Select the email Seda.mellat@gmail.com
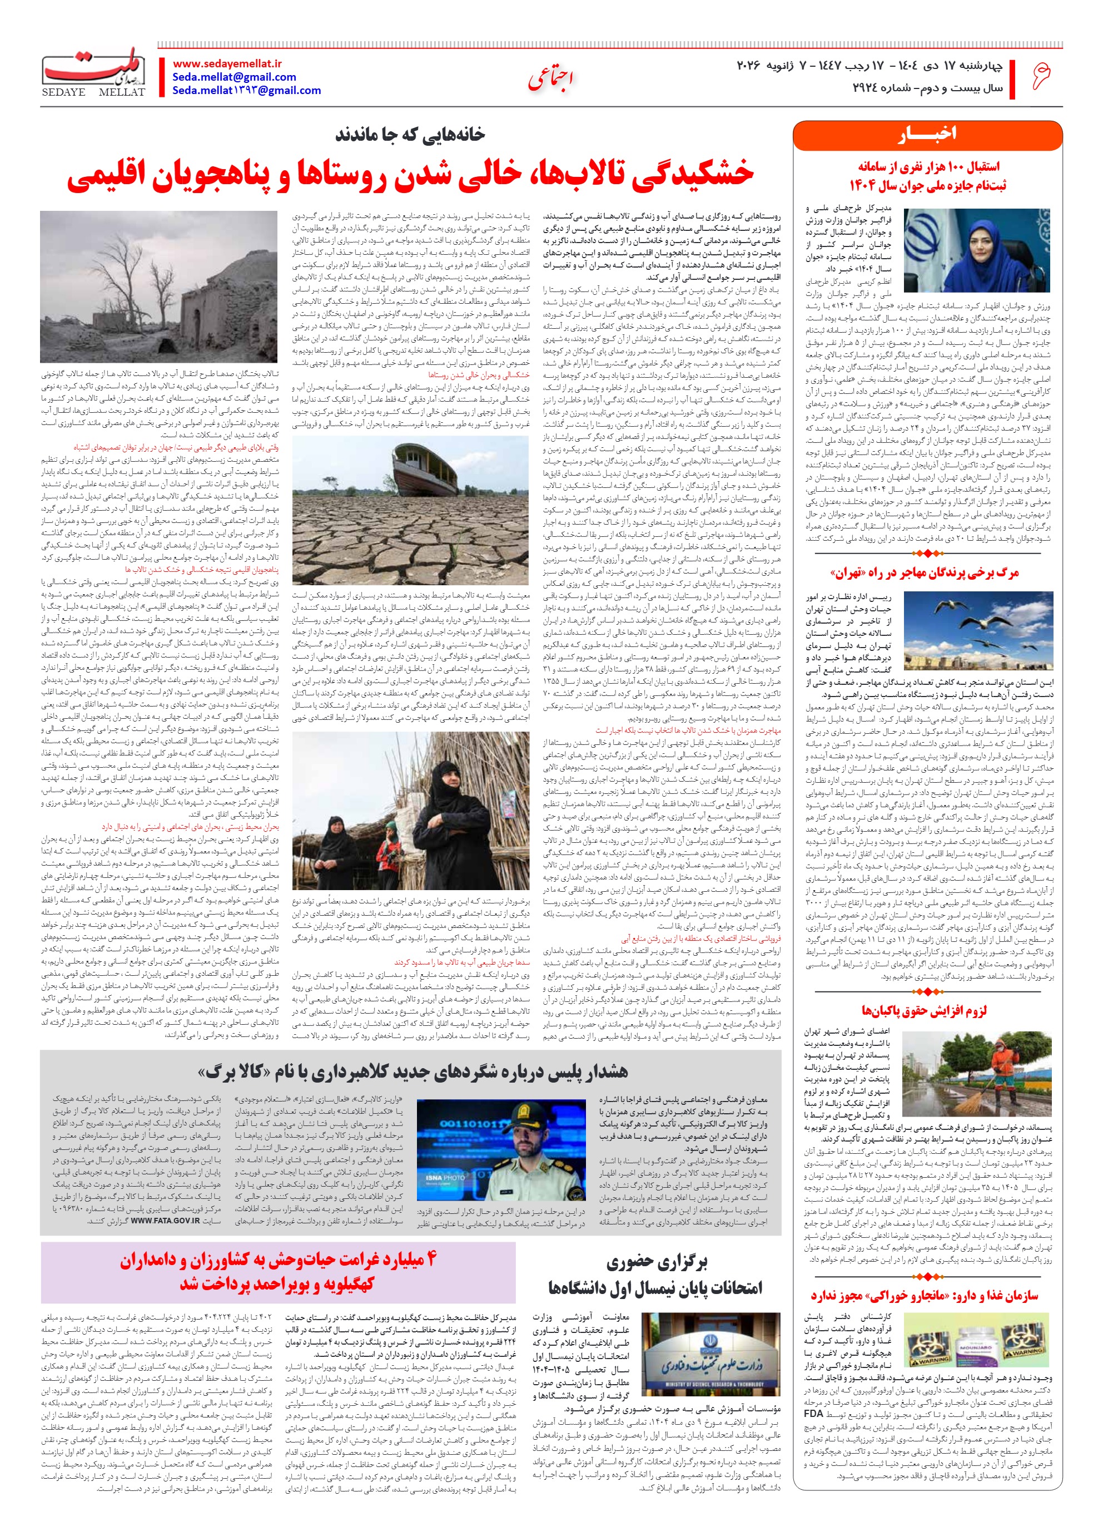234,77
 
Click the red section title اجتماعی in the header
550,80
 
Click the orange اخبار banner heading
928,136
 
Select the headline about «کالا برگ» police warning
413,1072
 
